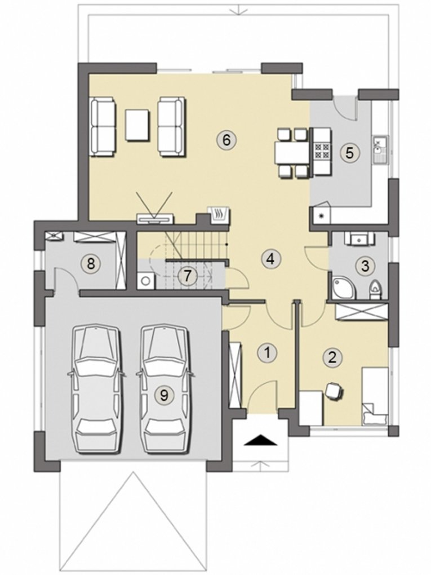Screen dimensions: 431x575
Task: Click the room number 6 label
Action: pos(226,140)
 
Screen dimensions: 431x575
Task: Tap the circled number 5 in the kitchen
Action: pos(350,153)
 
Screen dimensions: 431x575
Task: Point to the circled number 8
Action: pos(91,263)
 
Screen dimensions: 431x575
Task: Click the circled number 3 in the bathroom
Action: pos(365,266)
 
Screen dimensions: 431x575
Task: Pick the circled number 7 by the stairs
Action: pos(187,276)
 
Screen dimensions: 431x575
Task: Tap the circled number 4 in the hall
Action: pos(270,259)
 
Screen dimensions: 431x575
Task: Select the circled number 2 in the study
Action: pos(332,357)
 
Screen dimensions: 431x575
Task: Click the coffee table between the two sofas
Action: pos(137,125)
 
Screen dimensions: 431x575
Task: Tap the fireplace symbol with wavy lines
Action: pos(219,215)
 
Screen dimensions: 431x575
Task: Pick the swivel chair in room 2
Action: pos(334,391)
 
